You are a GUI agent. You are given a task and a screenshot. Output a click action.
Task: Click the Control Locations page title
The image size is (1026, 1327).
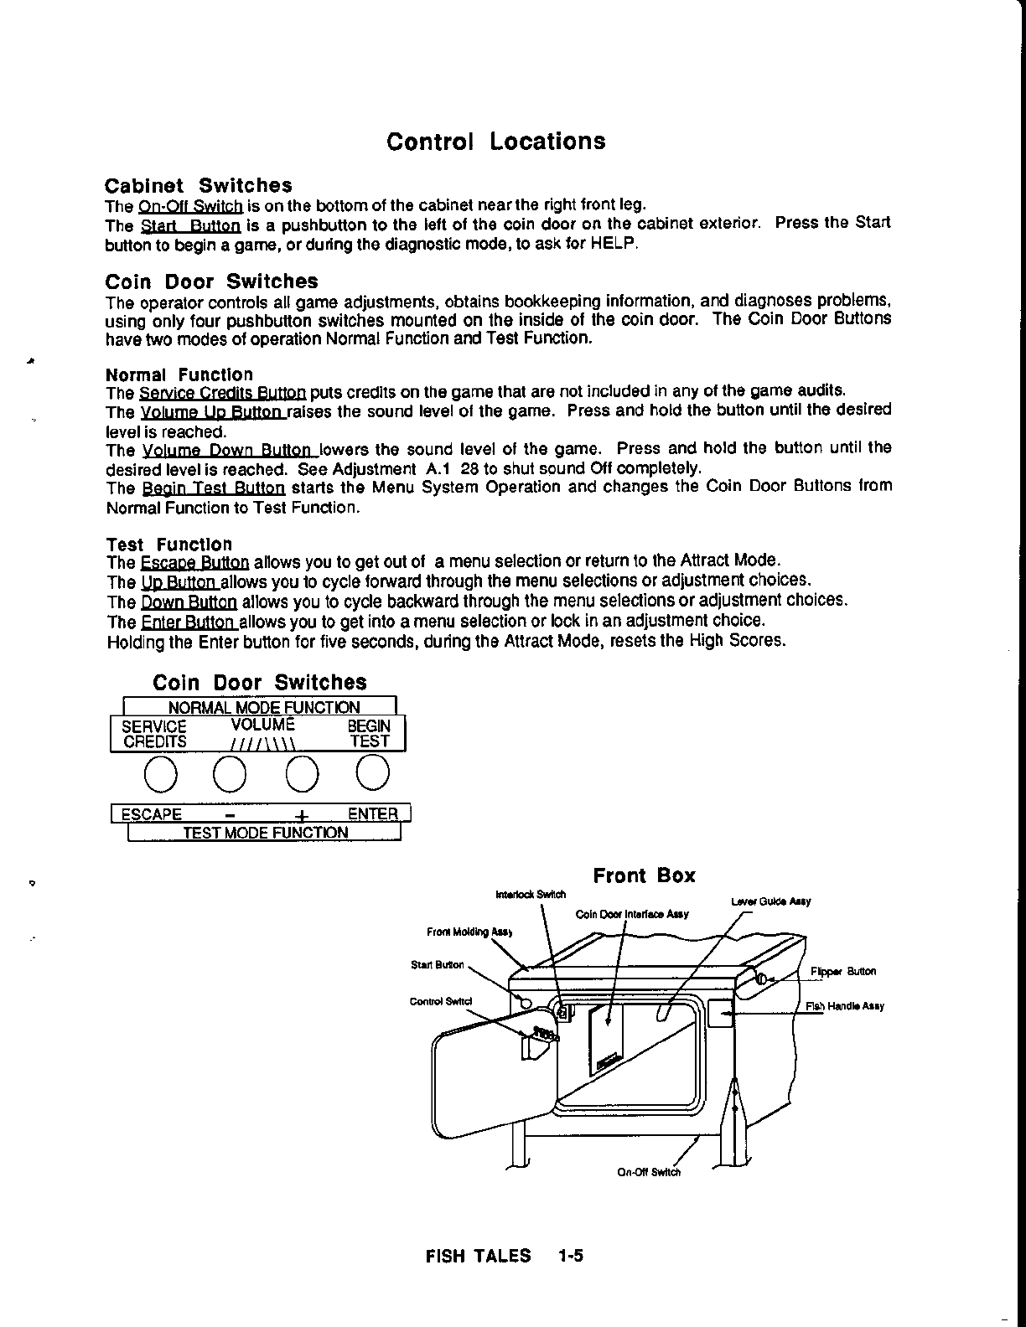(x=495, y=141)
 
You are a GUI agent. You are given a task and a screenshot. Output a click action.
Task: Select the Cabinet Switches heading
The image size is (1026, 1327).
(x=198, y=185)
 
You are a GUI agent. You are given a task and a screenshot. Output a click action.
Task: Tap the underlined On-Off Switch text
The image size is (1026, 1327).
(x=190, y=206)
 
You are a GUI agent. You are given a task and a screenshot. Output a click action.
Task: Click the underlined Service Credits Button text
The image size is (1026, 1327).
(x=222, y=392)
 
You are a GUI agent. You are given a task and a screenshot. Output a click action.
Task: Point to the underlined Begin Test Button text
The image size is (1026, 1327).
(x=213, y=488)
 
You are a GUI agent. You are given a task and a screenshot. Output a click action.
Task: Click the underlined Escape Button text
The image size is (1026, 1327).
(x=195, y=561)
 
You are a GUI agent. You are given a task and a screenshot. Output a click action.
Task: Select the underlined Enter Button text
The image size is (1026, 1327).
(x=189, y=622)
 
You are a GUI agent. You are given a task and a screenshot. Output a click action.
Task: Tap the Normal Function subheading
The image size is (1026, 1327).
(x=179, y=374)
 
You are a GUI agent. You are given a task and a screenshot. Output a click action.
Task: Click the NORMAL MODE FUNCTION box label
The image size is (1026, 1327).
(x=263, y=707)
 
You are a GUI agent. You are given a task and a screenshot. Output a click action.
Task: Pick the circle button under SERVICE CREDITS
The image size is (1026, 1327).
(x=160, y=773)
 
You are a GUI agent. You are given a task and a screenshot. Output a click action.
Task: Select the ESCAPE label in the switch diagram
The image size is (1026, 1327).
(x=152, y=814)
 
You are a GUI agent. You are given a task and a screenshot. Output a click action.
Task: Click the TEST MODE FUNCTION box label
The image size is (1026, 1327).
(x=265, y=833)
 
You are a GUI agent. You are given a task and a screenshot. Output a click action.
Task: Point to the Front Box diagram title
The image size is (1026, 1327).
(x=644, y=875)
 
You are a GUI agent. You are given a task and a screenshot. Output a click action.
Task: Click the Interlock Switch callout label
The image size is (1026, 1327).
(x=531, y=894)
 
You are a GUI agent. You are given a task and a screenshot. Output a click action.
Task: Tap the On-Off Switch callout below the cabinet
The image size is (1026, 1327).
(x=649, y=1172)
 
